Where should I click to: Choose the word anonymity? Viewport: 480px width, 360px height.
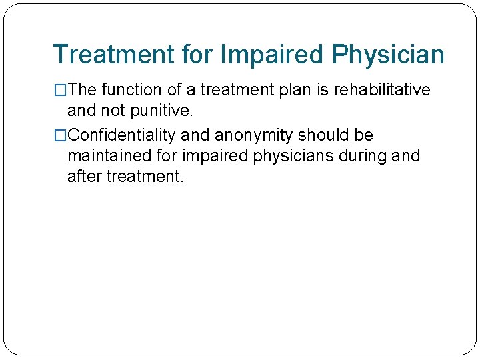coord(253,135)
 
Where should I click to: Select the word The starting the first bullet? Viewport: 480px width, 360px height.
coord(83,90)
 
